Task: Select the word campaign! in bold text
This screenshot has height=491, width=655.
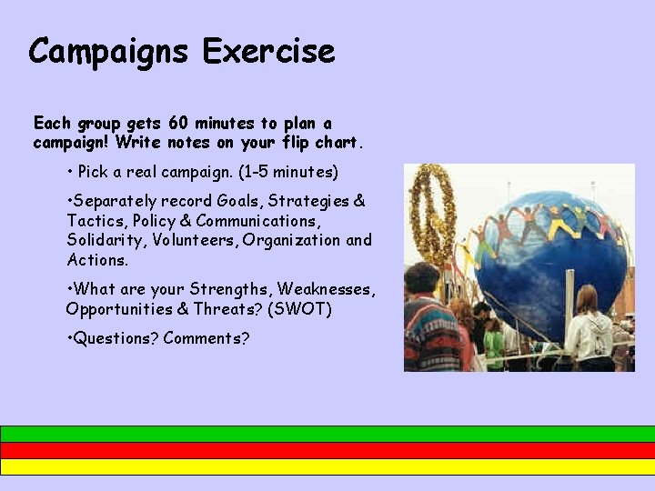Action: pyautogui.click(x=69, y=143)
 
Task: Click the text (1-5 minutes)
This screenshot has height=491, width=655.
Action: pyautogui.click(x=281, y=171)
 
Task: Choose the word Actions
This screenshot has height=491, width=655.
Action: pyautogui.click(x=97, y=260)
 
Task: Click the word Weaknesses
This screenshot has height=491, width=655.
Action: pyautogui.click(x=326, y=289)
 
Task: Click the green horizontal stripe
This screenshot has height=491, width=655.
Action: pyautogui.click(x=327, y=434)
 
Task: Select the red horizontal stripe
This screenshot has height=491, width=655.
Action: pyautogui.click(x=327, y=450)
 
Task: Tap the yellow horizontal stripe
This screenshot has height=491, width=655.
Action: pyautogui.click(x=327, y=466)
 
